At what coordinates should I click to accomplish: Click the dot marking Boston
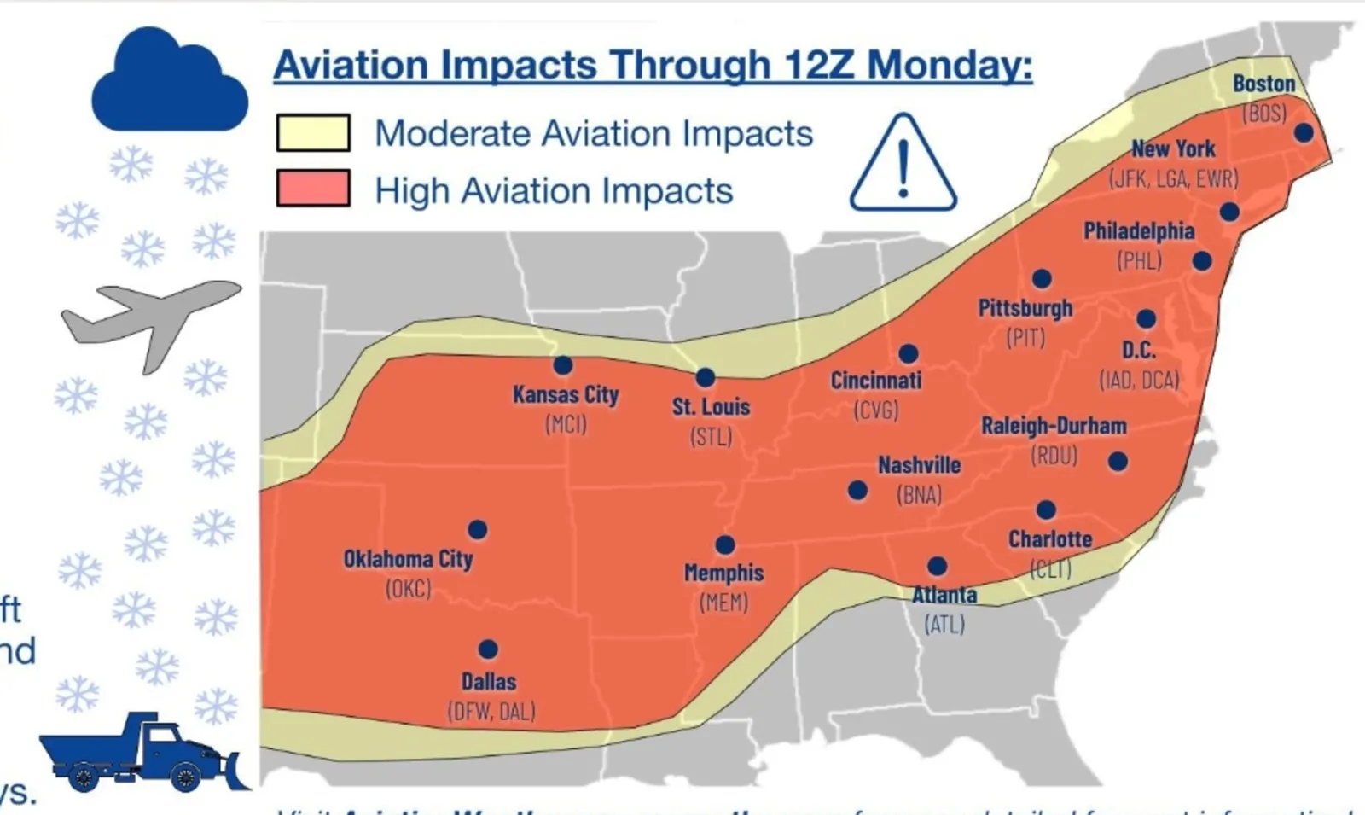[x=1303, y=132]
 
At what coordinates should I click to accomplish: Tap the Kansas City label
[x=566, y=394]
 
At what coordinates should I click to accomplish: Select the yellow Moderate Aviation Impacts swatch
[x=313, y=133]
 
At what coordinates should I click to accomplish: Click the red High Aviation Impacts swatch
[x=313, y=188]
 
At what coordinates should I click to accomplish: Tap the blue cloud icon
[x=169, y=83]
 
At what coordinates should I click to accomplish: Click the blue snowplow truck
[x=141, y=753]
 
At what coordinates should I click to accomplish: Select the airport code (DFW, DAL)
[x=491, y=711]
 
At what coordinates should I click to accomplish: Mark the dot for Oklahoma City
[x=478, y=530]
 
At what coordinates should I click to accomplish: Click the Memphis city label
[x=723, y=573]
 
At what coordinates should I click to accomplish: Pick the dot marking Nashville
[x=857, y=491]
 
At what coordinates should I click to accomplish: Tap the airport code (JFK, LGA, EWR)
[x=1173, y=178]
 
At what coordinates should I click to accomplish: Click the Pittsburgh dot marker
[x=1042, y=279]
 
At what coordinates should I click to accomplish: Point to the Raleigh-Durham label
[x=1054, y=425]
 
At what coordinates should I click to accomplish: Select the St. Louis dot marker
[x=705, y=377]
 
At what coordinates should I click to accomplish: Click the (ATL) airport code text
[x=944, y=625]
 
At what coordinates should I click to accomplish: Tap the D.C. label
[x=1138, y=350]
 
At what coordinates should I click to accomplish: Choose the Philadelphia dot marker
[x=1202, y=261]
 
